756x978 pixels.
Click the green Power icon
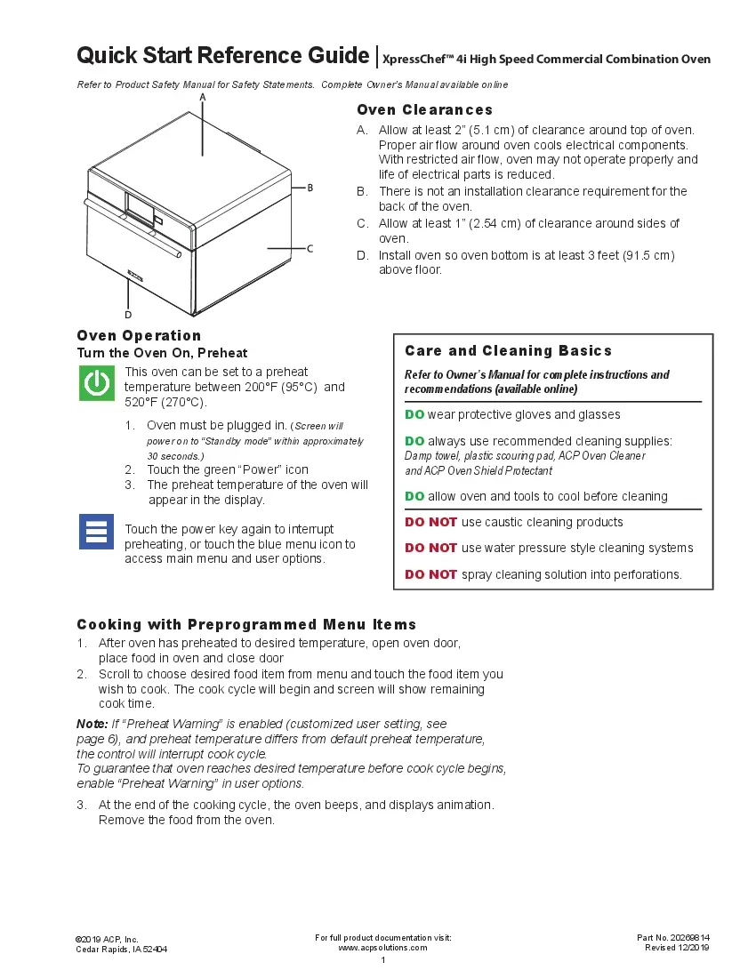(x=96, y=383)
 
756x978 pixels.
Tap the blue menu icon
(x=96, y=531)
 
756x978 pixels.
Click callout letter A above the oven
(x=203, y=97)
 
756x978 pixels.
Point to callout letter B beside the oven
(x=310, y=188)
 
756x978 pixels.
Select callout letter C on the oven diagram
(x=310, y=249)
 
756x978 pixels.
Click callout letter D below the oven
(x=128, y=315)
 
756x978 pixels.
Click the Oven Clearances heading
(x=424, y=110)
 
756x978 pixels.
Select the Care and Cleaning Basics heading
(x=508, y=351)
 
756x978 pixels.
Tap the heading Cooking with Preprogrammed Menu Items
(x=246, y=625)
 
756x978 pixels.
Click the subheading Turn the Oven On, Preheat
(x=162, y=353)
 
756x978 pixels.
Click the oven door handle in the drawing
(x=133, y=229)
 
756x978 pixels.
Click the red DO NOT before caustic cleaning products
(x=430, y=522)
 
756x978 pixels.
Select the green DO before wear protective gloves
(x=414, y=414)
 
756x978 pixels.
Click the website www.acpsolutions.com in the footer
(x=382, y=948)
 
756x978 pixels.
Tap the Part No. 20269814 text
(x=672, y=938)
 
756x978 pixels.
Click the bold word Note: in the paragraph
(x=92, y=725)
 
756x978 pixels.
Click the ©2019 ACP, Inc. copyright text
(x=108, y=939)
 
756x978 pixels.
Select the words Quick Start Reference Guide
(x=222, y=56)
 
